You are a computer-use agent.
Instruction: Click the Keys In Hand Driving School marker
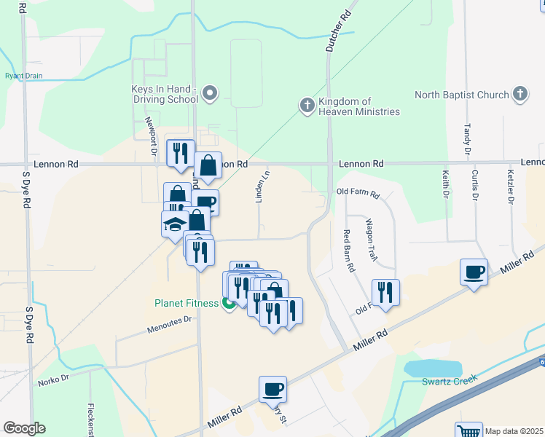tap(210, 92)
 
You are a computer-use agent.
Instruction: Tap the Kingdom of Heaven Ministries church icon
tap(307, 106)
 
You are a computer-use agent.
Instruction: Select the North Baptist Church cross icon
tap(519, 94)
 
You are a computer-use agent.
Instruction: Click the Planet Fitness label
tap(186, 303)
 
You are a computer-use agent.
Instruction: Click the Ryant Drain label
tap(23, 76)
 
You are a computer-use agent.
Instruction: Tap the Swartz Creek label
tap(449, 380)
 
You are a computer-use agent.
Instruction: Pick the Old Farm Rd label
tap(358, 194)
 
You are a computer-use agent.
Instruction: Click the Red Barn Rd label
tap(349, 251)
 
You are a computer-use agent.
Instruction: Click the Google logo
tap(24, 428)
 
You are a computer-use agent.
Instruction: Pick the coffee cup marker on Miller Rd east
tap(474, 272)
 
